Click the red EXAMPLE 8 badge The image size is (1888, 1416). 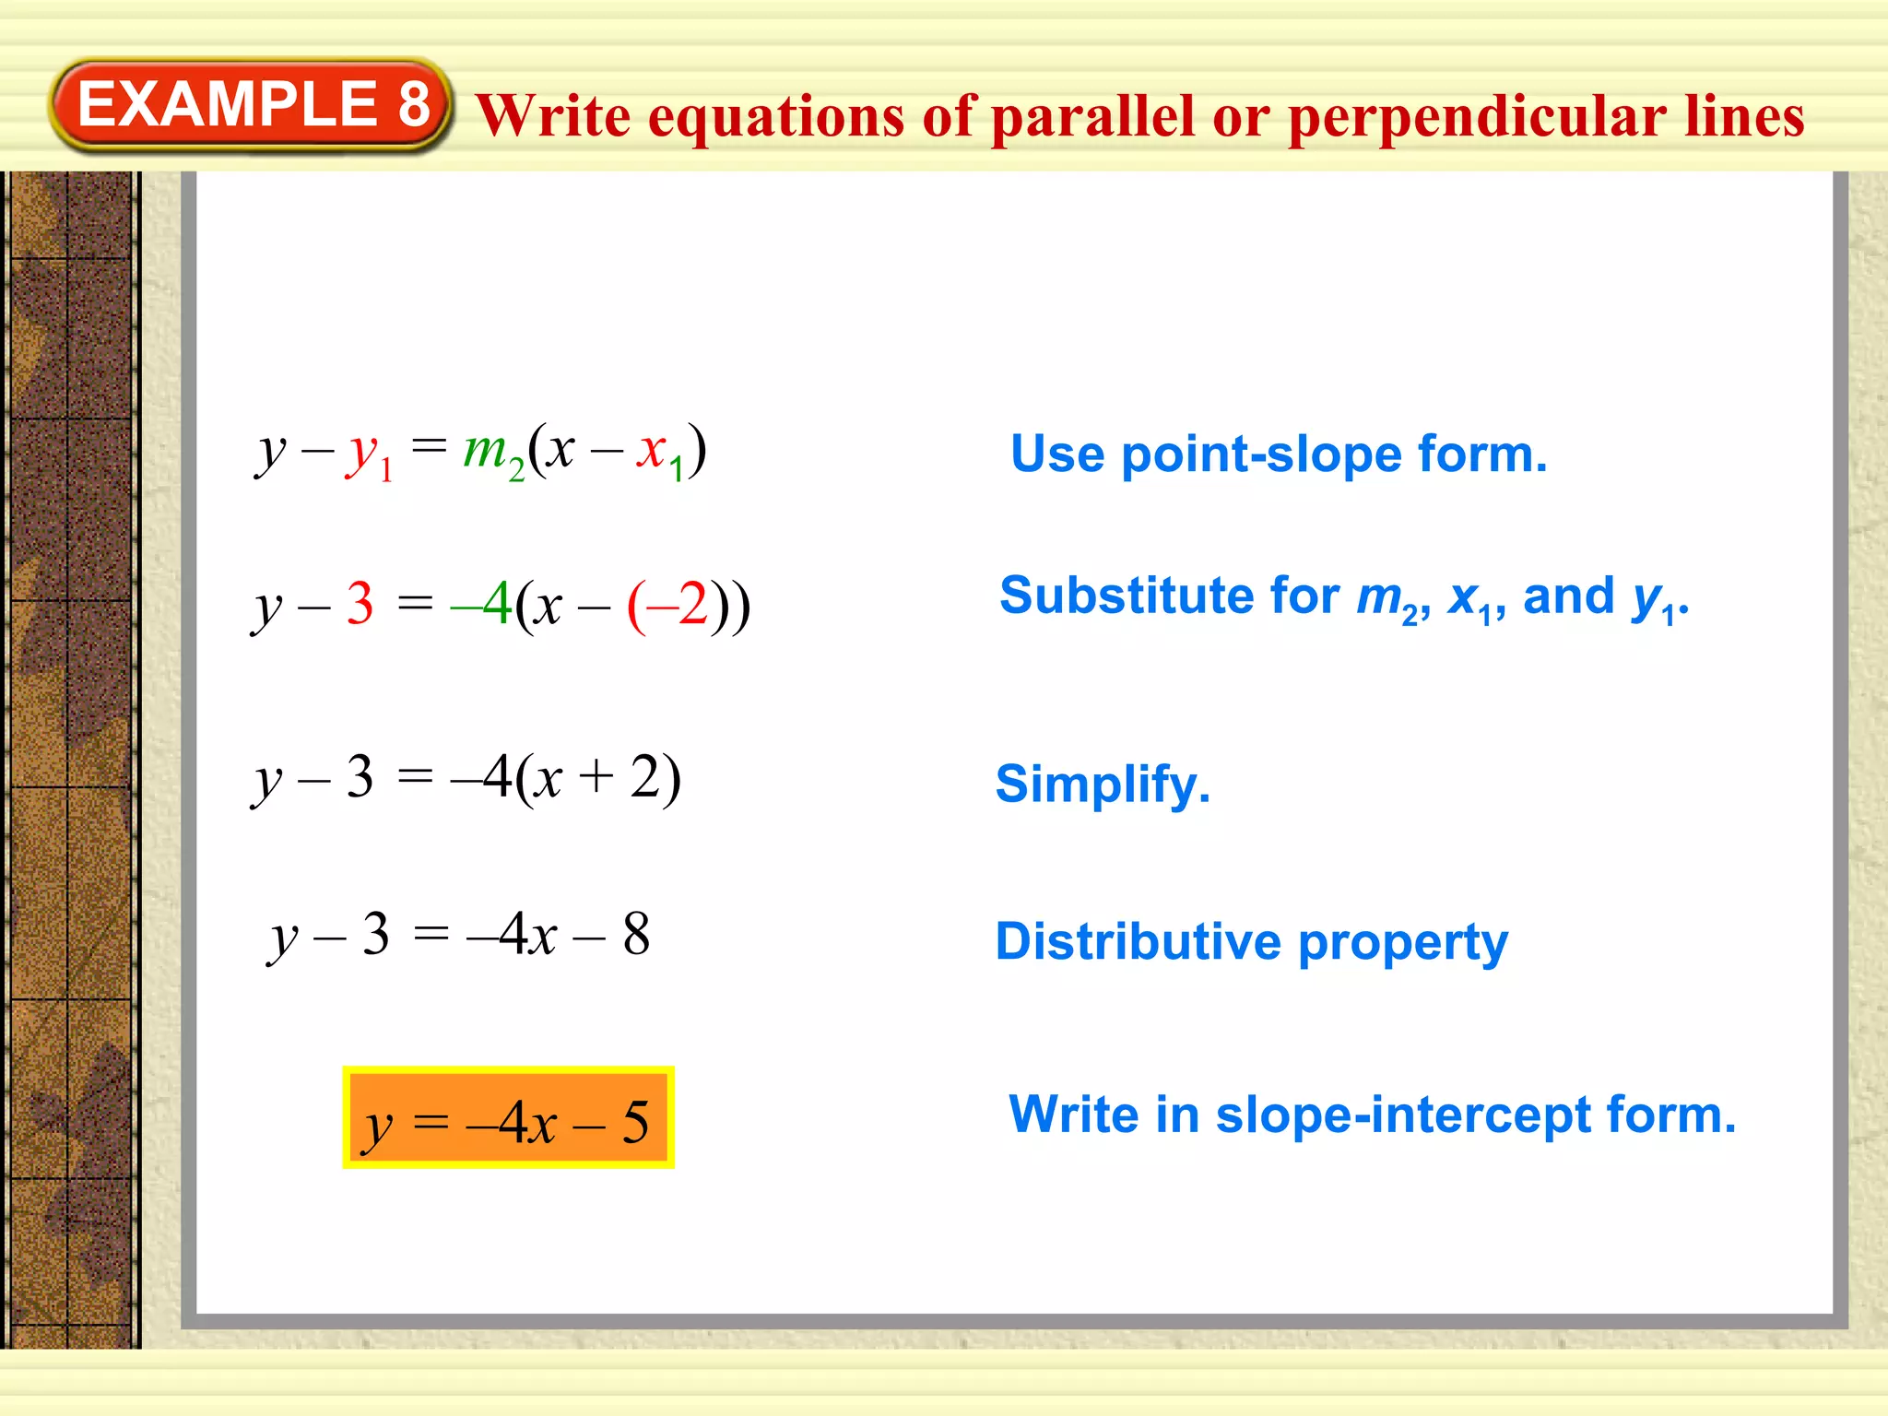(251, 104)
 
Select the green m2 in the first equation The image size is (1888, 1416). (492, 453)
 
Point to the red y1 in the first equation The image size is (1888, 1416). (368, 454)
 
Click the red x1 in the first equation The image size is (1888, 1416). (659, 453)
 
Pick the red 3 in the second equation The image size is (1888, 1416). (360, 605)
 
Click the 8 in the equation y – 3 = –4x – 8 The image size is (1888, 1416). (636, 935)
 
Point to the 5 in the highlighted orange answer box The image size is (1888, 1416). (635, 1122)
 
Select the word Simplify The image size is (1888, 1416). (1103, 785)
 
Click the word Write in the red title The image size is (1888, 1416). (554, 117)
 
